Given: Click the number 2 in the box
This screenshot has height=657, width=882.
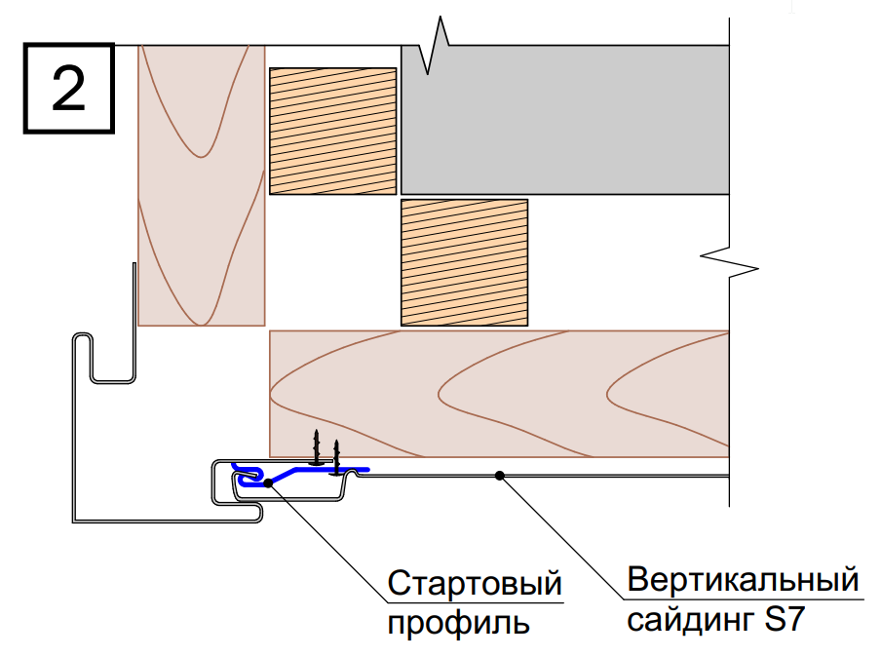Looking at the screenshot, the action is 68,89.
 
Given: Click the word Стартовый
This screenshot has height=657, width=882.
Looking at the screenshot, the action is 475,583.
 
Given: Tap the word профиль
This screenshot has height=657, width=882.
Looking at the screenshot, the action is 458,623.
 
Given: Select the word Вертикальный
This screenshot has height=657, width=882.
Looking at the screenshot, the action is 743,579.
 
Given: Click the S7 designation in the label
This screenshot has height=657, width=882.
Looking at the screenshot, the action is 786,619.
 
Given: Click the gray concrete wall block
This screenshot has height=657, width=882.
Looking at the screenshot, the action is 564,120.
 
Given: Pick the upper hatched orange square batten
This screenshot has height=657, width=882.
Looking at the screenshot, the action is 333,131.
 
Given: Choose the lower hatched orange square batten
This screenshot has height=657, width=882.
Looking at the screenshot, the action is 464,262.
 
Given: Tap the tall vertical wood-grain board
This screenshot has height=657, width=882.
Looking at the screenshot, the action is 202,185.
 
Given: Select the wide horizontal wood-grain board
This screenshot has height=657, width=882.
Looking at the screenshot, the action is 499,394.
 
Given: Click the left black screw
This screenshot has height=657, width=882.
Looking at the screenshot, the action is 316,447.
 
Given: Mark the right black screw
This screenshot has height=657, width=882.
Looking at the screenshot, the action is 336,457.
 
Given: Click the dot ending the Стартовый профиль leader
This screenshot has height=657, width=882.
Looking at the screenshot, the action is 268,483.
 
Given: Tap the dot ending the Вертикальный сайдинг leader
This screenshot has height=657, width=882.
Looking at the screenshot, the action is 500,476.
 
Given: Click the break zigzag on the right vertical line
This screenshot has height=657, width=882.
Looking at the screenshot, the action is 729,263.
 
